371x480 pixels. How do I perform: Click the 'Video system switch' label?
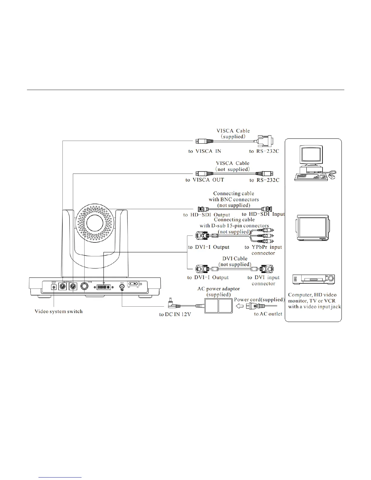tap(58, 311)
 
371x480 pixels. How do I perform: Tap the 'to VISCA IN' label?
tap(205, 151)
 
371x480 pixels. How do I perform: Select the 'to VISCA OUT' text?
tap(205, 180)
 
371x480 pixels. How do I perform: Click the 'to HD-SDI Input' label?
tap(263, 214)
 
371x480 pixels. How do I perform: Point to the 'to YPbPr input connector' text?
tap(263, 250)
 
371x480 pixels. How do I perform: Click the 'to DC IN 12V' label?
tap(175, 314)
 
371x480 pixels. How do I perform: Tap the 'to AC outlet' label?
tap(268, 314)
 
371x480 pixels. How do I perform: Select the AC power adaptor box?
tap(218, 305)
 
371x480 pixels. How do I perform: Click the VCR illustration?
tap(313, 279)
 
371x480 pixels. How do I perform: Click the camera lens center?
tap(95, 223)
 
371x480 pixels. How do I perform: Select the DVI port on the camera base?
tap(103, 287)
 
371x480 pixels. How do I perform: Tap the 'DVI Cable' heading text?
tap(235, 258)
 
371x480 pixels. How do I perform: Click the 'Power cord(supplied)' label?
tap(259, 300)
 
